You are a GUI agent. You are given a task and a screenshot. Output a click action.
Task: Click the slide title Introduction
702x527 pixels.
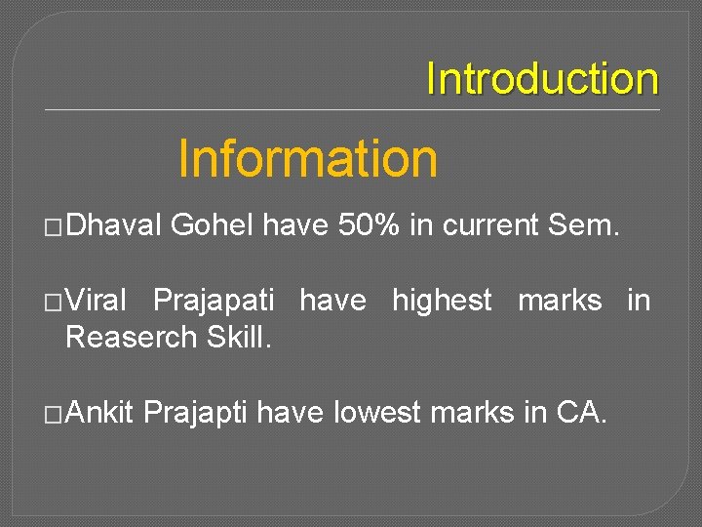(542, 79)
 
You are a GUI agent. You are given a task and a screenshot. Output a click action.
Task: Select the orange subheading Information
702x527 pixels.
(308, 158)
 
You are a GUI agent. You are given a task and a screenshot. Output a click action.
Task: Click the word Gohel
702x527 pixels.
(212, 226)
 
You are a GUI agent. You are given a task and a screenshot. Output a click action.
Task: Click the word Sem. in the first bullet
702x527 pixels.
(583, 226)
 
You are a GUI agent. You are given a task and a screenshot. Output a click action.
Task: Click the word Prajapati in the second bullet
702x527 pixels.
(214, 302)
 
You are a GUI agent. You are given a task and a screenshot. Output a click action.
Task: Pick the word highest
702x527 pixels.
(442, 302)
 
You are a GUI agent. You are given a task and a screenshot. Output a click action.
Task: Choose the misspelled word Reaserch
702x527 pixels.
(132, 338)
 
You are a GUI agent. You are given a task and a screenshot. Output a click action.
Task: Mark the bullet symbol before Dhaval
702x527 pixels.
(55, 227)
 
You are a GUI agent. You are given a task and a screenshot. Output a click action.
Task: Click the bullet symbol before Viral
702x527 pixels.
(55, 303)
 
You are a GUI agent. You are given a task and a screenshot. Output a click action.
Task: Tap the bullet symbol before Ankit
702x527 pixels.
(55, 414)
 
